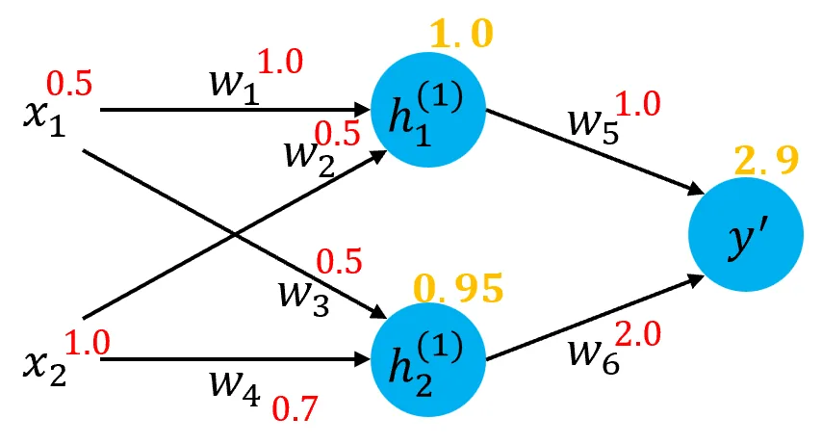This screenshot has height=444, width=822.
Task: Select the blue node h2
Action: coord(427,359)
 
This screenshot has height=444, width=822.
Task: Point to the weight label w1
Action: coord(234,84)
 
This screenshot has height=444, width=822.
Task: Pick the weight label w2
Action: coord(306,154)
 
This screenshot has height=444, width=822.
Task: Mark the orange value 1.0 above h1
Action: coord(461,36)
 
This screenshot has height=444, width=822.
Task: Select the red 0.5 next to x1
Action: coord(70,84)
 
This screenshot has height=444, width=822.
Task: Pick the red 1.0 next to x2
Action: coord(88,340)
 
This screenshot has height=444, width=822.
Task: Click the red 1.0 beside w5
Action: coord(637,103)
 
